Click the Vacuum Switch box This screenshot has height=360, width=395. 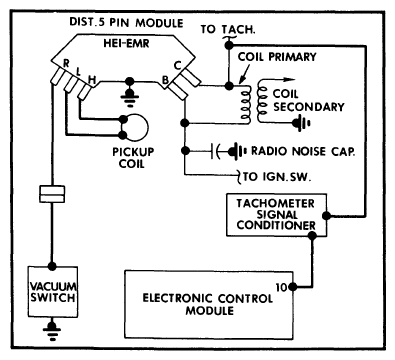[x=53, y=292]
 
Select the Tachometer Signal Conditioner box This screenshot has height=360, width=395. [x=276, y=215]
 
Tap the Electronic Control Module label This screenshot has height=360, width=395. [x=207, y=304]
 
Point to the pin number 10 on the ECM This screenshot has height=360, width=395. [x=282, y=287]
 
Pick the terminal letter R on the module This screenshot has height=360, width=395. [x=66, y=63]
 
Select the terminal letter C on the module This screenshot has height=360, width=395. [x=177, y=66]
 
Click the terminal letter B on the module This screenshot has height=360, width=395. [x=165, y=80]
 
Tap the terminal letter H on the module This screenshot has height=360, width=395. [x=92, y=80]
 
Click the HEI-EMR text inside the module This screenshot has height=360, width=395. [x=126, y=43]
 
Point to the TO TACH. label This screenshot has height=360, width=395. [x=228, y=29]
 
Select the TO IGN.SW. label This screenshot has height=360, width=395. [x=277, y=176]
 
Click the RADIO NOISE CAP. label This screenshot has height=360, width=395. [x=303, y=151]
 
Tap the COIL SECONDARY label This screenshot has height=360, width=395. [x=308, y=100]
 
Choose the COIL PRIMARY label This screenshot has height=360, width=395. [x=277, y=57]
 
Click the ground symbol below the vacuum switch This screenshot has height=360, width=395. [x=52, y=330]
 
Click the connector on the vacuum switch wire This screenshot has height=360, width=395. [x=52, y=194]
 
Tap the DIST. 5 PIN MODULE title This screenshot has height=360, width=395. [x=126, y=23]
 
